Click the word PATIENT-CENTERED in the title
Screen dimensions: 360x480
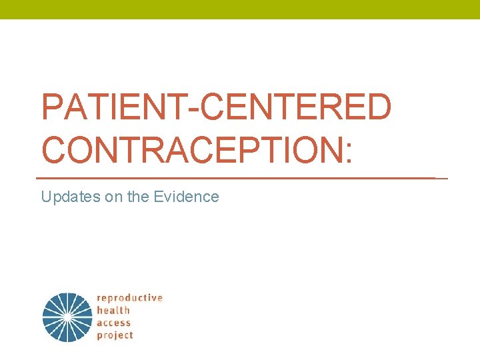pos(216,107)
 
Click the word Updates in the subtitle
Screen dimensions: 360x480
pos(65,197)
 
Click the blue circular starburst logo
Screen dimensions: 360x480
pos(67,317)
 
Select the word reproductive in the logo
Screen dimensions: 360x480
pos(129,298)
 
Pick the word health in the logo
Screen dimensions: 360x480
pos(113,311)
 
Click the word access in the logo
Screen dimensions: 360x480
pos(114,323)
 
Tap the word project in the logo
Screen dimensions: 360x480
pos(115,335)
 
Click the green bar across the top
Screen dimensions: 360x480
pos(240,9)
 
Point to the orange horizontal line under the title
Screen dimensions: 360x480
pos(240,178)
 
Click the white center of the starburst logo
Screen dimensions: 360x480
pos(67,318)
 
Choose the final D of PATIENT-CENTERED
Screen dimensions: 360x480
pos(377,107)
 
